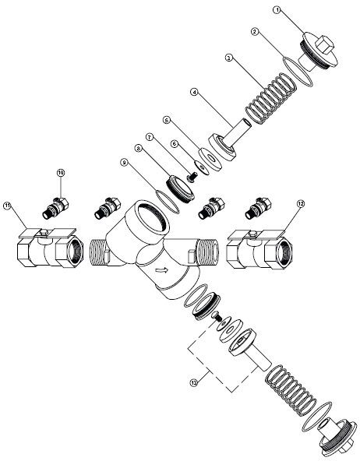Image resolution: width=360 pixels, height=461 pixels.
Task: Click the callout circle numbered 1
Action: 277,10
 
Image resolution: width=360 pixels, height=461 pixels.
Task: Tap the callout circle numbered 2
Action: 255,31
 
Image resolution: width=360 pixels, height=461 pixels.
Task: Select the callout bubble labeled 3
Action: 229,58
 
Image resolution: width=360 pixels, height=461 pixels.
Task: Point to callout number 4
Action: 194,92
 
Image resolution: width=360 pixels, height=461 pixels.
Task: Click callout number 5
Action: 167,120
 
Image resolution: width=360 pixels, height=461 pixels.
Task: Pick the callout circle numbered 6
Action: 175,143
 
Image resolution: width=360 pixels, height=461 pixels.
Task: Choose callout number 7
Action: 150,137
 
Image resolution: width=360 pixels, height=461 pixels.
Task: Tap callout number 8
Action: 137,148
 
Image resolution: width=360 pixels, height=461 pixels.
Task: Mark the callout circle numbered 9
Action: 125,162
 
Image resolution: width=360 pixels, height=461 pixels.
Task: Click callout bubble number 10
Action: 61,173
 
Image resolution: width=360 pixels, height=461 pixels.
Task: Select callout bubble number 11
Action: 7,206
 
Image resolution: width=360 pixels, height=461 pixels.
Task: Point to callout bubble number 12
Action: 301,203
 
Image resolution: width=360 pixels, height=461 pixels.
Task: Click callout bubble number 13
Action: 193,382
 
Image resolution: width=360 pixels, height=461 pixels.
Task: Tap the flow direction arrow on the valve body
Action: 162,269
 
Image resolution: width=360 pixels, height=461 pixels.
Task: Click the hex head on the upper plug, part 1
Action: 324,45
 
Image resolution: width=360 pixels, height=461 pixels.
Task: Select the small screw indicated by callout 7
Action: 192,178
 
